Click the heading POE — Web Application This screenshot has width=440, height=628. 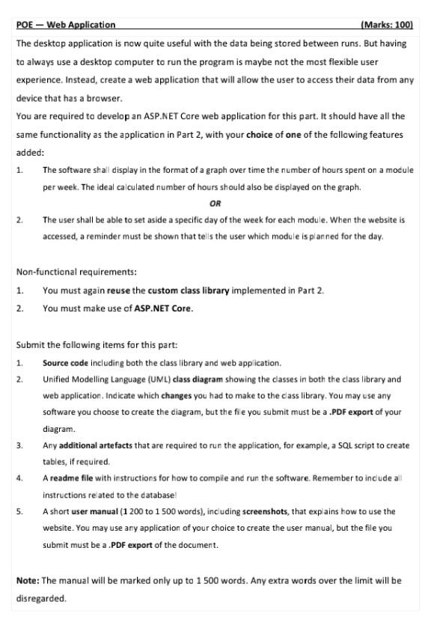(66, 25)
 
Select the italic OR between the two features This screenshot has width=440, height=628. (216, 204)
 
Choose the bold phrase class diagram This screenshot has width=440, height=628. (197, 379)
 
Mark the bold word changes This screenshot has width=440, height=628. (177, 396)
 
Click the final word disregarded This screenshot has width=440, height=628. (41, 599)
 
